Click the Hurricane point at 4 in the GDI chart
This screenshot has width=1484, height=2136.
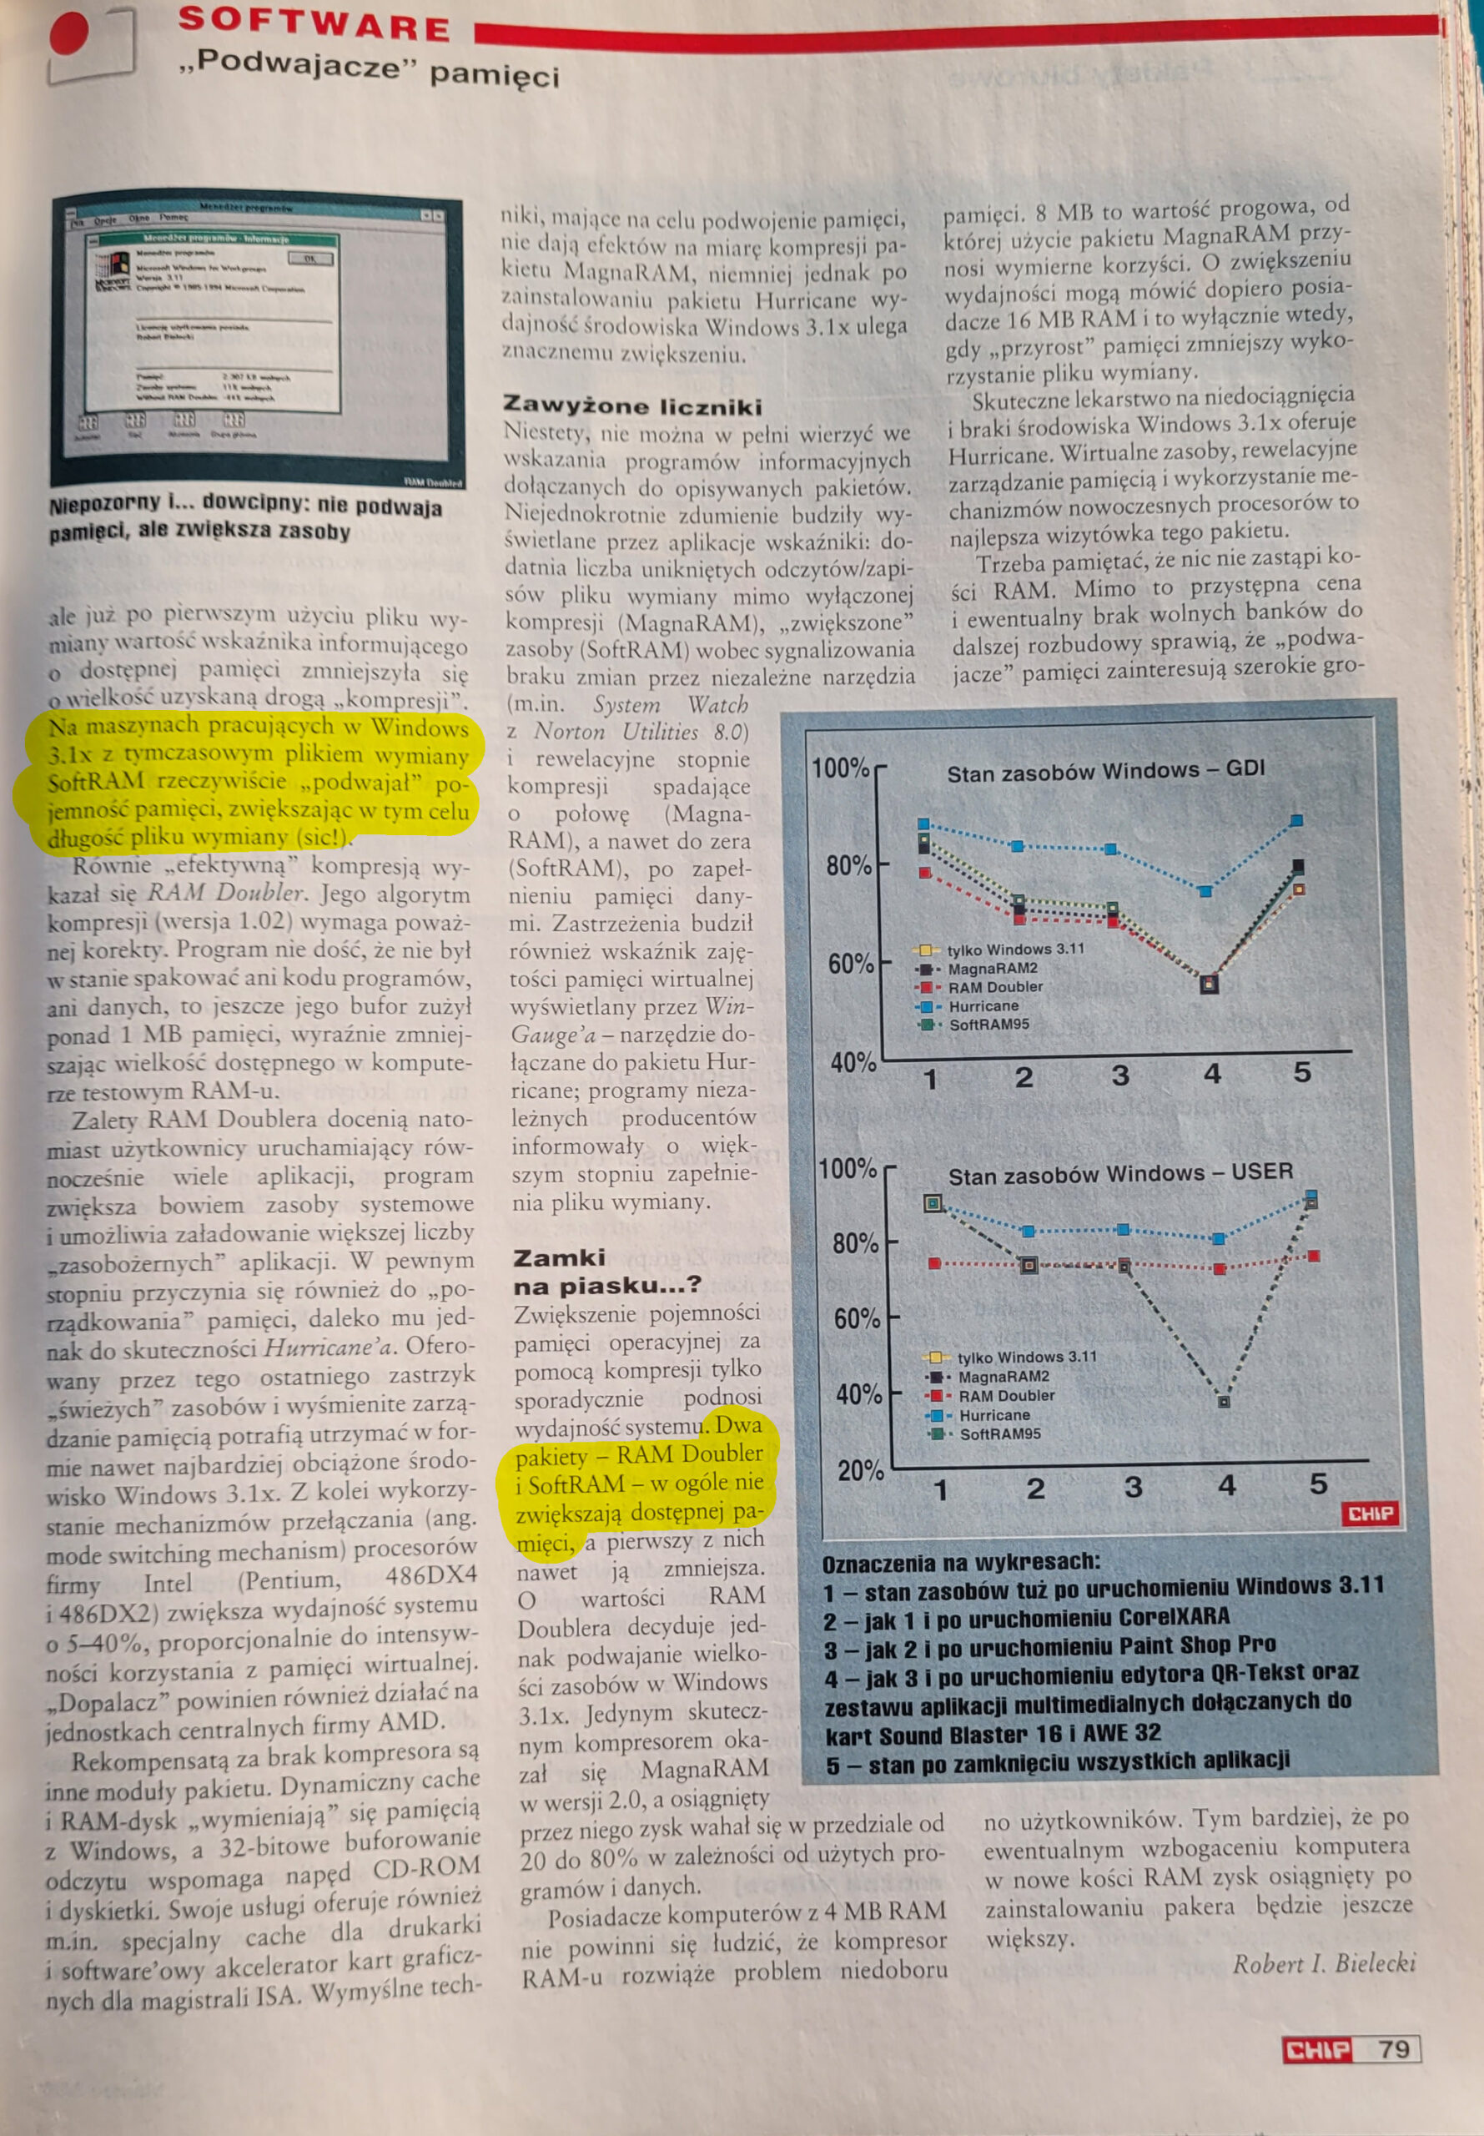click(1206, 891)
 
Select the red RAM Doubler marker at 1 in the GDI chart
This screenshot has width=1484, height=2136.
click(924, 872)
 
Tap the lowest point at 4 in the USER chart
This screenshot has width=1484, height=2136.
click(1225, 1400)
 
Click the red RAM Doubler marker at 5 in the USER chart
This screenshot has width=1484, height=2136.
click(1314, 1256)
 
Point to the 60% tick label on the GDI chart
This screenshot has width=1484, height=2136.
click(850, 964)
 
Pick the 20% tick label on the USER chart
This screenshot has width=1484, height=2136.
click(860, 1470)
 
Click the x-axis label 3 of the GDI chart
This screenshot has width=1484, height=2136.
click(1120, 1076)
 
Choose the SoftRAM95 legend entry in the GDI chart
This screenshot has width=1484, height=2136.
click(988, 1025)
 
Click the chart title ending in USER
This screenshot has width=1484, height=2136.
click(1119, 1173)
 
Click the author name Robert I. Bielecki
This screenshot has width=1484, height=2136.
click(1324, 1963)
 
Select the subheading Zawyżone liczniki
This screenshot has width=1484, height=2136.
click(632, 406)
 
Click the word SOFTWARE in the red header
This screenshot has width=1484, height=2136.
click(314, 23)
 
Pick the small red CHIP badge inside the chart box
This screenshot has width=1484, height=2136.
click(1371, 1514)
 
